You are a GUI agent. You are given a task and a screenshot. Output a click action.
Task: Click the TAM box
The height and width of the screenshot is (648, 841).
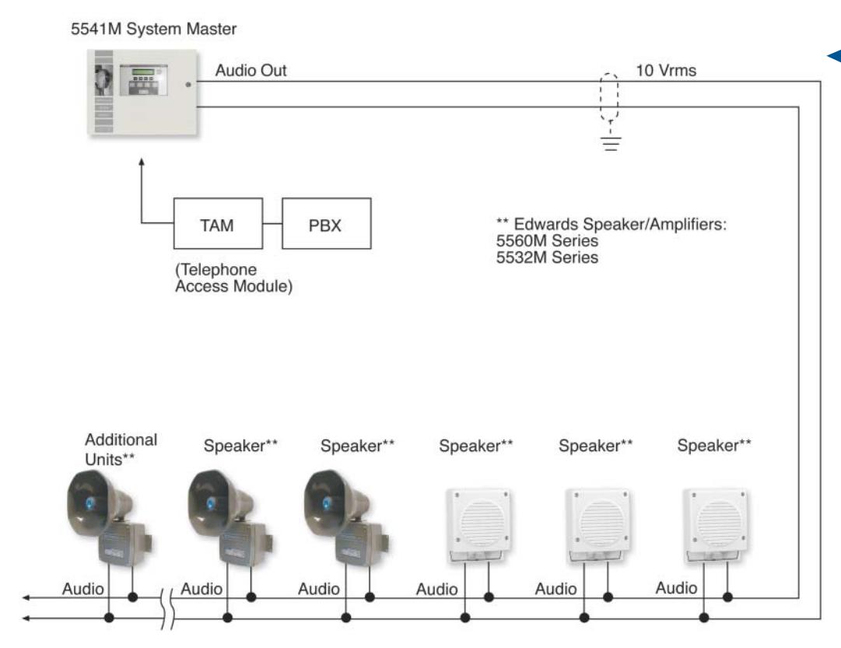click(218, 223)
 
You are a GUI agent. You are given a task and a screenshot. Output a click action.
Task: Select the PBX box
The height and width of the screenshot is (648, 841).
click(326, 223)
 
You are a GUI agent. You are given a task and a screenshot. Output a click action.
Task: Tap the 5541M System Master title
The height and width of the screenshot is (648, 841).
click(153, 29)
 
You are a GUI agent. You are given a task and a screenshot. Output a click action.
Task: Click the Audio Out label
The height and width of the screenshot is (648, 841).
click(251, 70)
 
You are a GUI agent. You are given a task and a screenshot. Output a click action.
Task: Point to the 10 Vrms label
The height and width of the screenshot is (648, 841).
click(666, 70)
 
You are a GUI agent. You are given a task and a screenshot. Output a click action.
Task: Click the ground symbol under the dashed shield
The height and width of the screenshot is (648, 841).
click(611, 141)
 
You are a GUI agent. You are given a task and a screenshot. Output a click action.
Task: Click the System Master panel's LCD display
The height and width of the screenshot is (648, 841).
click(143, 72)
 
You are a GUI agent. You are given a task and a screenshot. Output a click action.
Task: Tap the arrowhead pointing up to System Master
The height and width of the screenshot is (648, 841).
click(142, 162)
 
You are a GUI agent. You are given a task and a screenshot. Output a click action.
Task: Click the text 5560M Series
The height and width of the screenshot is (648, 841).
click(547, 240)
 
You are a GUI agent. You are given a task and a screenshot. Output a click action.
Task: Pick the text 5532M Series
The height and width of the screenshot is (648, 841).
click(547, 257)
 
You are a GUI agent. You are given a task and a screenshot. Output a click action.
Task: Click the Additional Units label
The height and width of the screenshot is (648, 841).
click(121, 450)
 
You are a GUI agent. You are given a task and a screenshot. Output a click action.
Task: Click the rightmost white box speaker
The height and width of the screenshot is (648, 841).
click(715, 524)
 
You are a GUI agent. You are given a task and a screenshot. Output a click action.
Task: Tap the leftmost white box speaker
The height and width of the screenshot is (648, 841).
click(478, 524)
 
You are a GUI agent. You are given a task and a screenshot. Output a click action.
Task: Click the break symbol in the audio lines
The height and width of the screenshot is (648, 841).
click(167, 608)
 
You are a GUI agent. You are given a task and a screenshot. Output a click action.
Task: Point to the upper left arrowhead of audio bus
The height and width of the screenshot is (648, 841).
click(25, 597)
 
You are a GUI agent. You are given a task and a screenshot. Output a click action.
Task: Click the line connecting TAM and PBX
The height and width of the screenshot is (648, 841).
click(272, 223)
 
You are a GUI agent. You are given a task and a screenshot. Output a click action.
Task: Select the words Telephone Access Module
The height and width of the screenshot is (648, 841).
click(234, 278)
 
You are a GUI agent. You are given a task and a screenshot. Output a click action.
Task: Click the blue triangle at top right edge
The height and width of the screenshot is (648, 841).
click(835, 56)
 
